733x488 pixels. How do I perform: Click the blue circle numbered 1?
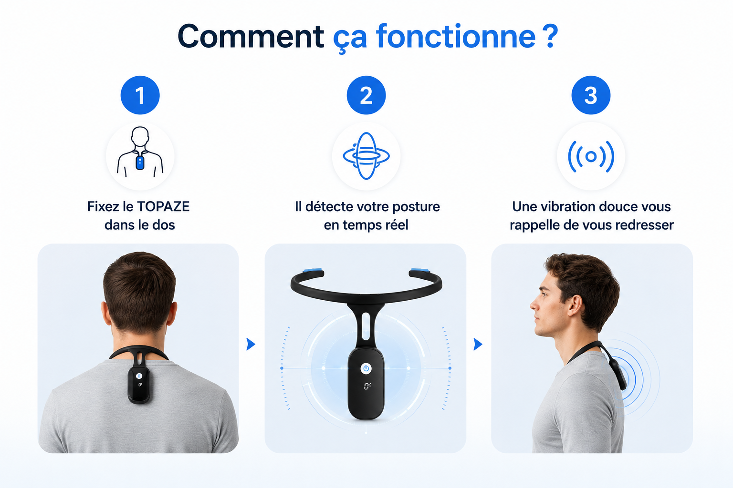[x=140, y=95]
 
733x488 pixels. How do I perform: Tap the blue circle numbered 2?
[x=366, y=95]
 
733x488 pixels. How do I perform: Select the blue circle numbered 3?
[x=591, y=95]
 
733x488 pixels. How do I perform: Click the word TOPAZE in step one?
[x=163, y=206]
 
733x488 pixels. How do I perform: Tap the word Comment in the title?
[x=251, y=36]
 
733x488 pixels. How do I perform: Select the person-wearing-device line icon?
[x=140, y=152]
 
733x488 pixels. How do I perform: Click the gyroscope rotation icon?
[x=366, y=156]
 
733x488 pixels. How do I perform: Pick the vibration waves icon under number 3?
[x=591, y=157]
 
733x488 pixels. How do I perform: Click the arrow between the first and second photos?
[x=251, y=344]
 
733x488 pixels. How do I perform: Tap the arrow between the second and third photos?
[x=478, y=344]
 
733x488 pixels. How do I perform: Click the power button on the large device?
[x=366, y=368]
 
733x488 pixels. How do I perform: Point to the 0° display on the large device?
[x=367, y=386]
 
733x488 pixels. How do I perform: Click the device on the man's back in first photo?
[x=139, y=385]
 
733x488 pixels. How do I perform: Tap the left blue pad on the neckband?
[x=313, y=270]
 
